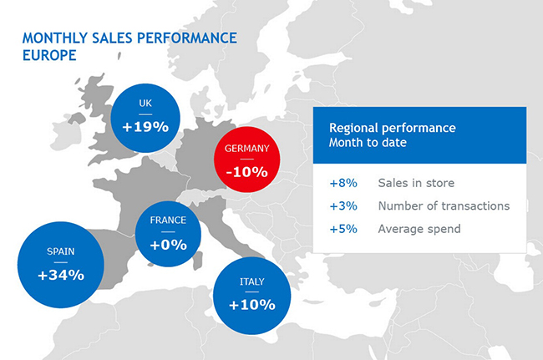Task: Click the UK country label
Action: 145,104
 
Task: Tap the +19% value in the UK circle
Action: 145,127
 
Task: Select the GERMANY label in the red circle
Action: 246,149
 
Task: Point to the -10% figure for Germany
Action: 246,172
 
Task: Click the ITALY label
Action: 251,281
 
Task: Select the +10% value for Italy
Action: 251,304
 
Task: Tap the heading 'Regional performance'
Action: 392,128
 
